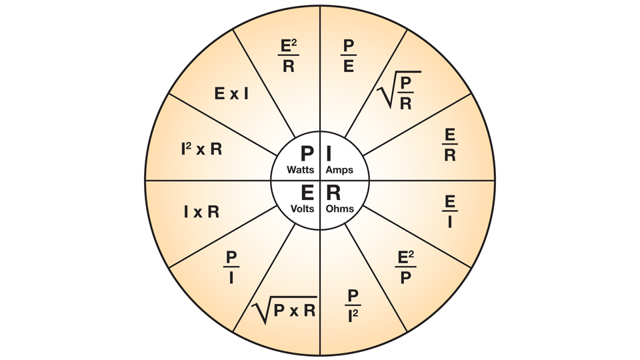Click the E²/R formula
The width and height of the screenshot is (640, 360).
(289, 56)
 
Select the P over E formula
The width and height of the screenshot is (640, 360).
(348, 56)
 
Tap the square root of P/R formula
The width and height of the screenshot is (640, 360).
(399, 90)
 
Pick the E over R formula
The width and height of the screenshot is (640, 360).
(450, 145)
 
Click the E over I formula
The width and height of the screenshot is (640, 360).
(450, 211)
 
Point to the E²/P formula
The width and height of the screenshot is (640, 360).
(405, 267)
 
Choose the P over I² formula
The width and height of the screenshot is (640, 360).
(353, 306)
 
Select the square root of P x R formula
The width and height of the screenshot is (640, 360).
(284, 310)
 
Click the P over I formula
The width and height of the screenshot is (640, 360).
(231, 267)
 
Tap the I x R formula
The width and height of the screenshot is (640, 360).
(201, 212)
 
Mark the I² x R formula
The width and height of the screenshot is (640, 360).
(201, 149)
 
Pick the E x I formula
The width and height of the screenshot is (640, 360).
(231, 94)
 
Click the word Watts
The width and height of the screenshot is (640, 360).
(301, 170)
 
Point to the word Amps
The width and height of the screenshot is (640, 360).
(339, 170)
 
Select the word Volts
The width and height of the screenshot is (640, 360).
(303, 209)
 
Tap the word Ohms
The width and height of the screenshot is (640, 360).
(339, 209)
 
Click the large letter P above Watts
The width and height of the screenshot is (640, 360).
(307, 154)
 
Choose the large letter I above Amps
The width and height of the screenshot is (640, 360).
(329, 154)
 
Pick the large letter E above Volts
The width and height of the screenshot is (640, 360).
(307, 193)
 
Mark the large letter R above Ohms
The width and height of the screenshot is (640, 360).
(333, 193)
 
